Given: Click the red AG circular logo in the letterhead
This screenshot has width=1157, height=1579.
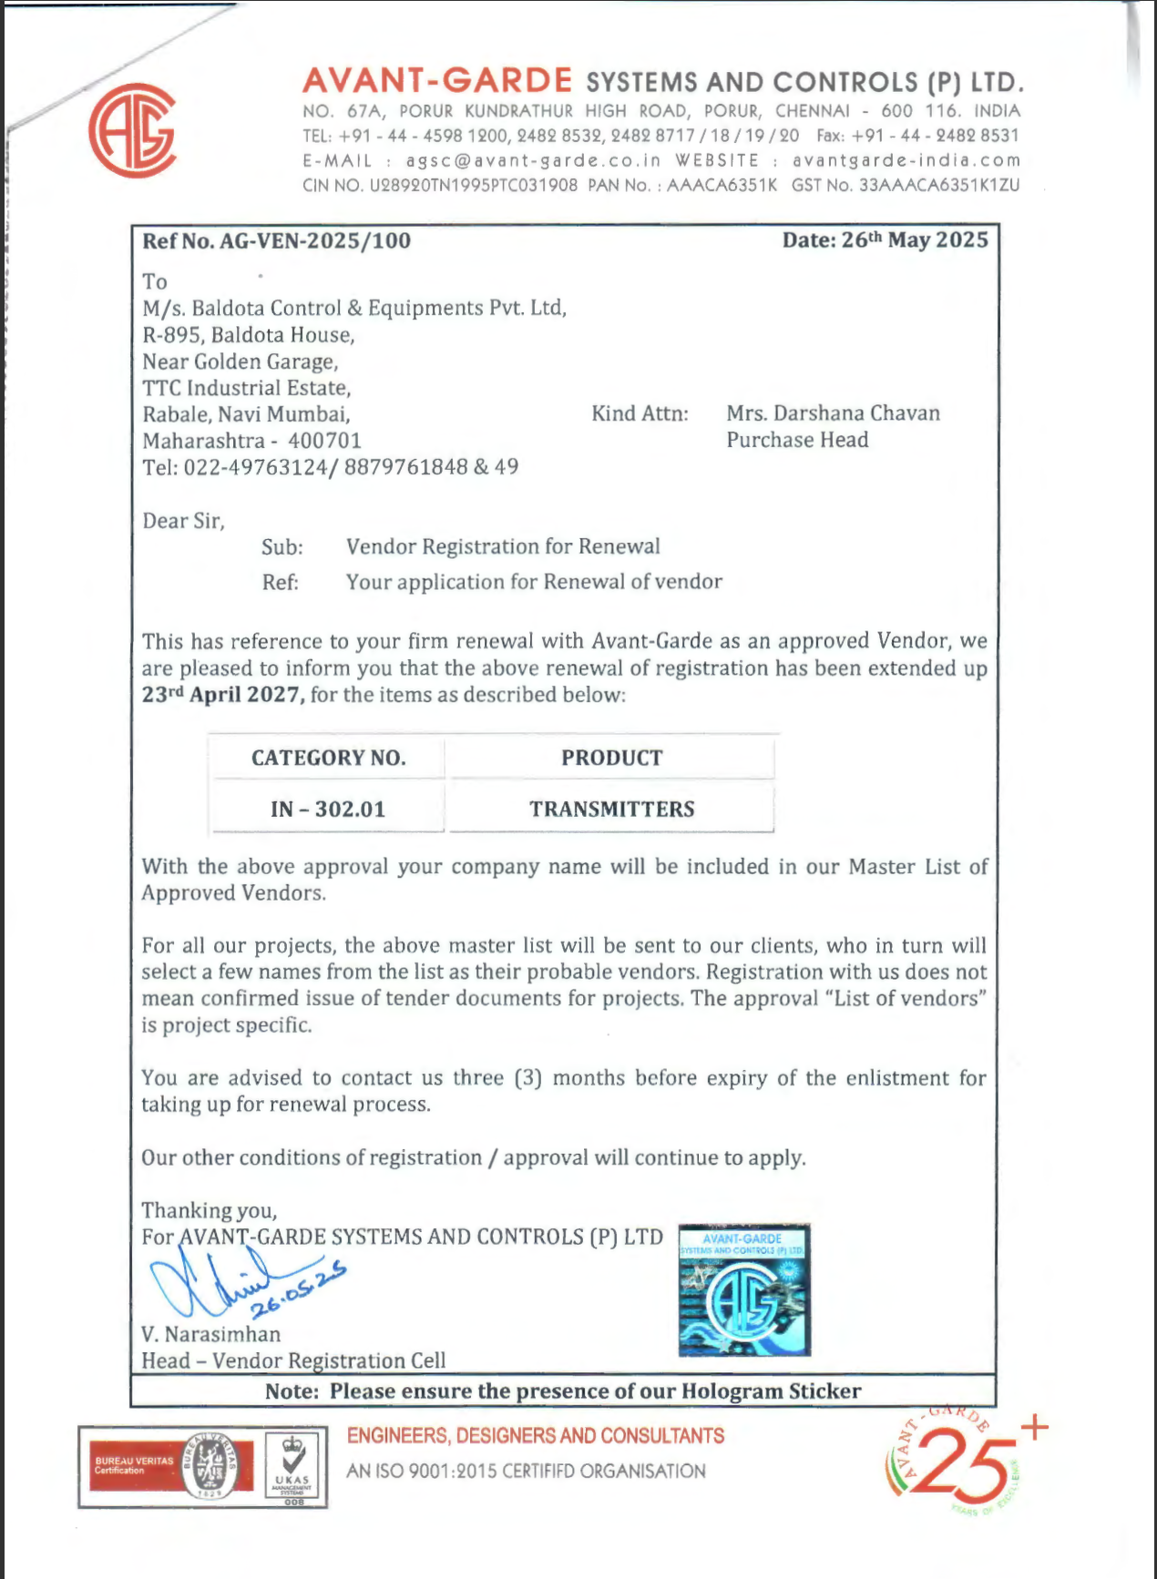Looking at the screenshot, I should tap(132, 130).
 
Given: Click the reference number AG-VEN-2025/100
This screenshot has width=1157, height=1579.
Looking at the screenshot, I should tap(314, 241).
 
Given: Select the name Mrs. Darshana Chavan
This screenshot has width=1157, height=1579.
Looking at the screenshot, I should tap(833, 413).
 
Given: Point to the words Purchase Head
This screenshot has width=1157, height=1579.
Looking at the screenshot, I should tap(797, 440).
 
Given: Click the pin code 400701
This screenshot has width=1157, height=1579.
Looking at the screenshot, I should tap(325, 441).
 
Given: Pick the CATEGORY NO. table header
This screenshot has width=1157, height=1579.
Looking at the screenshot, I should tap(328, 758).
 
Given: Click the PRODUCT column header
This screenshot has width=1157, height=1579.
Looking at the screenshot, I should tap(611, 758).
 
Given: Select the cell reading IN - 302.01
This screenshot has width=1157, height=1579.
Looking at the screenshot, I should tap(328, 809).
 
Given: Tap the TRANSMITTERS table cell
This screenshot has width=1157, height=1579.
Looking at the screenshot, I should tap(611, 809).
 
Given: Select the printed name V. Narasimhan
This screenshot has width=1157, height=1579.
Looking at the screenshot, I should tap(210, 1334).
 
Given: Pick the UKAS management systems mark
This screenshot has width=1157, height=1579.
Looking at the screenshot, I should tap(294, 1467).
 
